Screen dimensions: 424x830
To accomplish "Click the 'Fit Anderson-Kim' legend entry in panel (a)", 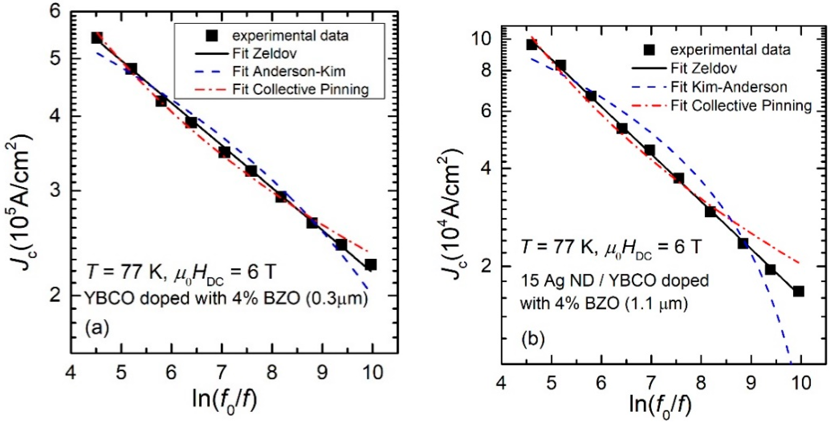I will tap(289, 72).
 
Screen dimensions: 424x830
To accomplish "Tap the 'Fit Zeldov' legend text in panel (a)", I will tap(264, 53).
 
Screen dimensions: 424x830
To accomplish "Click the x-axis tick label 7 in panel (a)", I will tap(221, 372).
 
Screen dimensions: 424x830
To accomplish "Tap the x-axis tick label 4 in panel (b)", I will tap(501, 383).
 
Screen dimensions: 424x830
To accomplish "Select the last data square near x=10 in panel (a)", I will tap(371, 265).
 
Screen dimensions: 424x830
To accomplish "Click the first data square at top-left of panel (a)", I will tap(97, 38).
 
